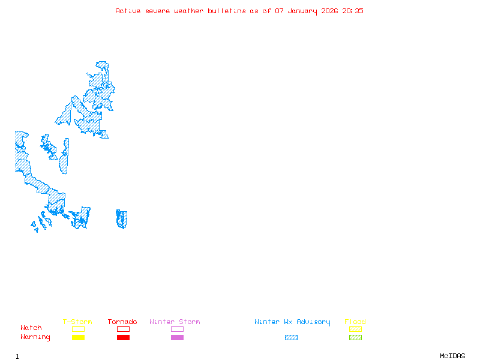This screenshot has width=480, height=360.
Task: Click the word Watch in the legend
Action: (31, 328)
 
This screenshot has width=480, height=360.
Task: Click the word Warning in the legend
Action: (35, 337)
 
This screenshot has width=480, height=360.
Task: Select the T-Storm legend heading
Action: (77, 322)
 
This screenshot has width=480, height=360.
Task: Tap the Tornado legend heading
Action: (122, 322)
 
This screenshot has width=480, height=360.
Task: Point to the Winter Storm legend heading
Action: (175, 322)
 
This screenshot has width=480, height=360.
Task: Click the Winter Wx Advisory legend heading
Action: (292, 322)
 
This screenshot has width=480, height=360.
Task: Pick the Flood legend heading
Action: (355, 322)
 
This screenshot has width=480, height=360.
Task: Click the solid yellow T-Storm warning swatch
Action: (78, 338)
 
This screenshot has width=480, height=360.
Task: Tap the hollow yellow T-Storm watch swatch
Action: (78, 329)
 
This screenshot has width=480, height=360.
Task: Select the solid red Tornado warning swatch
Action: (123, 338)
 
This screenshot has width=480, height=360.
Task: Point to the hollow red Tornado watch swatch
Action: (123, 329)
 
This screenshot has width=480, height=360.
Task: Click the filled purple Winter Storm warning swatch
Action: (177, 338)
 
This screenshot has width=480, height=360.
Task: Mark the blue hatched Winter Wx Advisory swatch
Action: (291, 338)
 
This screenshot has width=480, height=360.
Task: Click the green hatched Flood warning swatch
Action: (355, 338)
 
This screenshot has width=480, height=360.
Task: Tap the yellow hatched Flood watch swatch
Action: (355, 329)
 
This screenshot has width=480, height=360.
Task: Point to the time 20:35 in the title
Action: (353, 11)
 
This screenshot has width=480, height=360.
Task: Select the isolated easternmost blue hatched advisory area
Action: (122, 219)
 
